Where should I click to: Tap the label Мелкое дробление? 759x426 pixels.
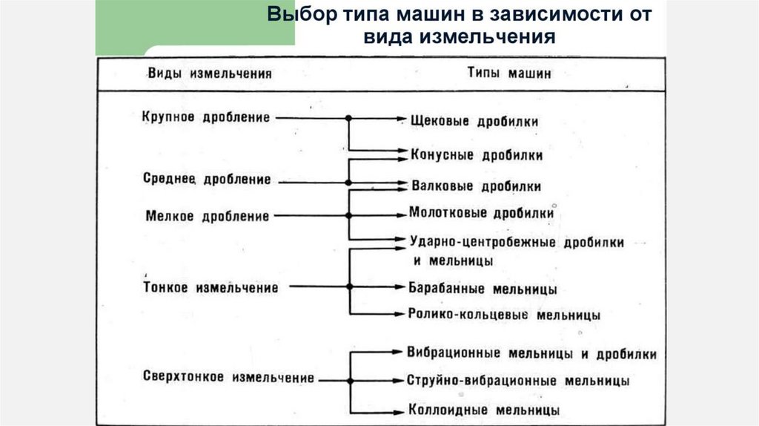click(206, 216)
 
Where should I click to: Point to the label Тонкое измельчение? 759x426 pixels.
click(210, 287)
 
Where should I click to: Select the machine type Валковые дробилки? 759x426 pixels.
click(475, 186)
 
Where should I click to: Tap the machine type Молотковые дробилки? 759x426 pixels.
click(481, 213)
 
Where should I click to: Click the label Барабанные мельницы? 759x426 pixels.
click(483, 288)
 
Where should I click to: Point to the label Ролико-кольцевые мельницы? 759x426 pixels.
click(504, 314)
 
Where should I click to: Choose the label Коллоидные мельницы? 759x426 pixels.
click(483, 409)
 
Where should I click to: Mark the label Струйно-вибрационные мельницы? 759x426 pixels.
click(518, 381)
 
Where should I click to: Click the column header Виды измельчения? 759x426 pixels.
click(210, 73)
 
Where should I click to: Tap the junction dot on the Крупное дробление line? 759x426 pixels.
click(348, 118)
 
